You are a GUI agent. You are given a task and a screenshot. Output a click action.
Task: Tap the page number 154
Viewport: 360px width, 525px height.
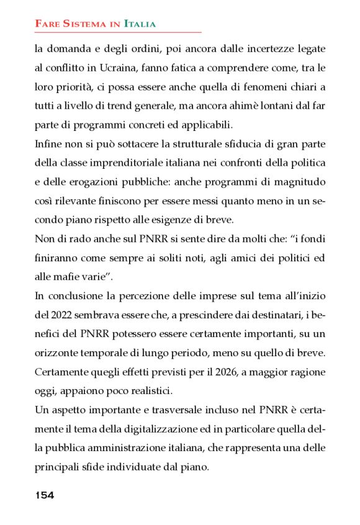44,495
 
